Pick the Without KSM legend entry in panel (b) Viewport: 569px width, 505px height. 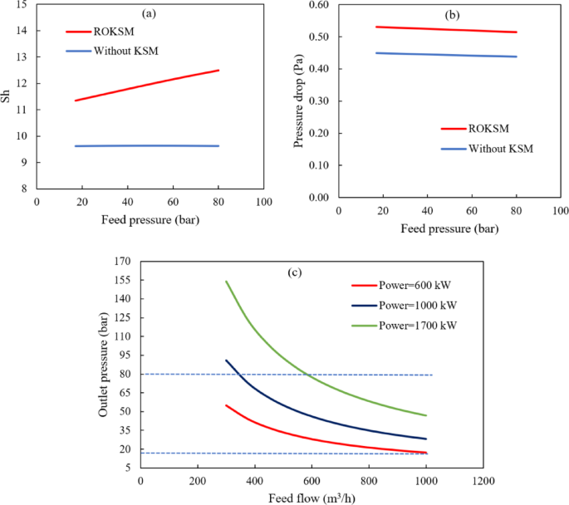[498, 149]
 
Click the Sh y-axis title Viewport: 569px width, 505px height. [7, 96]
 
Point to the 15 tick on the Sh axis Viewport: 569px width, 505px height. [21, 5]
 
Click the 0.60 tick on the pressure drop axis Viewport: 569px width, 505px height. [318, 5]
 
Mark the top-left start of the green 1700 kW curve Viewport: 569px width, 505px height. [227, 282]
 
